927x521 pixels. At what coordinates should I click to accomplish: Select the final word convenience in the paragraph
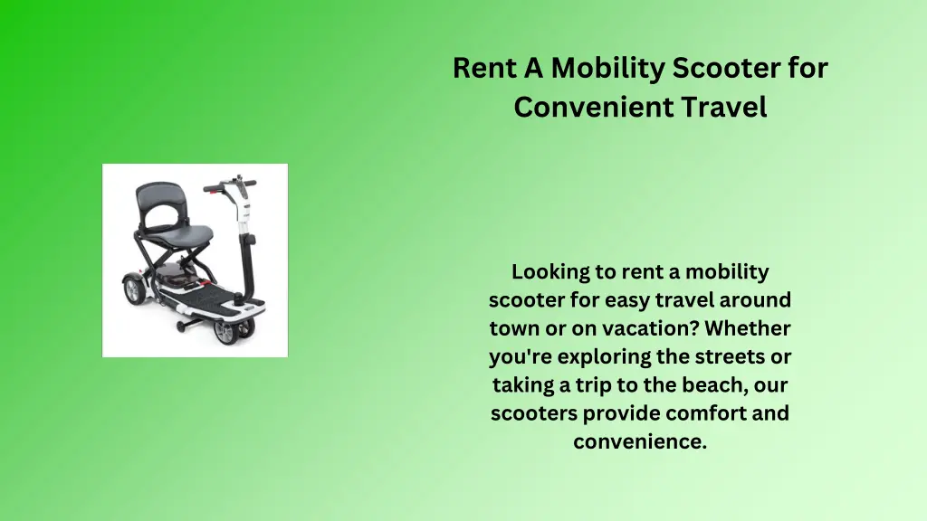[639, 442]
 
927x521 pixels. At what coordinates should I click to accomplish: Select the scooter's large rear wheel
[135, 289]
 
